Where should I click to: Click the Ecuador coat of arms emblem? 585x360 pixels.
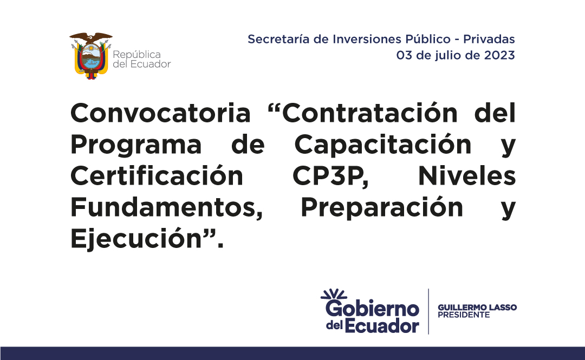(x=90, y=56)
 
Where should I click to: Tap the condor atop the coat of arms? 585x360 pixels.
(x=90, y=38)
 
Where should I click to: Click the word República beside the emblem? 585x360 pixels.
(x=136, y=55)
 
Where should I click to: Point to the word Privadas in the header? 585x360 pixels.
(x=489, y=39)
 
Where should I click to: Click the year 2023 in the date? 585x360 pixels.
(x=499, y=55)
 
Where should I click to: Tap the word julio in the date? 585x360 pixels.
(x=448, y=56)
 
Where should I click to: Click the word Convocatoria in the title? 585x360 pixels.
(x=160, y=113)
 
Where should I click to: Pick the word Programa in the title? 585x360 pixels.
(x=136, y=145)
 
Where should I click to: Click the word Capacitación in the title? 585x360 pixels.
(x=383, y=144)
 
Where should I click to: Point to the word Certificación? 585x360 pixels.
(x=157, y=176)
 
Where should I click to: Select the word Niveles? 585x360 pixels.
(x=467, y=176)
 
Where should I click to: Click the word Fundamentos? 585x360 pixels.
(x=167, y=208)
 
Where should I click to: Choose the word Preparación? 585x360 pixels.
(x=382, y=207)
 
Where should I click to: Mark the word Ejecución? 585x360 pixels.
(x=136, y=239)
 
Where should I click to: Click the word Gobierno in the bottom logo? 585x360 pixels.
(x=372, y=309)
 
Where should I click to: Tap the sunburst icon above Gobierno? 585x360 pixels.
(x=334, y=294)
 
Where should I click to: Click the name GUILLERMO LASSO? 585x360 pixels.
(x=477, y=307)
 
